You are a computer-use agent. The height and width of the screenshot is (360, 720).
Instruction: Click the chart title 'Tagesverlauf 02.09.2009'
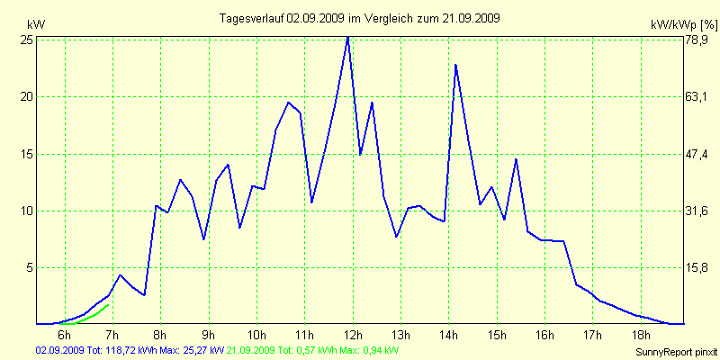point(360,18)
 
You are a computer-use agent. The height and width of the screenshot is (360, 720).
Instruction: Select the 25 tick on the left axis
point(27,40)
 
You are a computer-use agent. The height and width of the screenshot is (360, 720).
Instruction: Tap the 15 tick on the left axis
point(27,154)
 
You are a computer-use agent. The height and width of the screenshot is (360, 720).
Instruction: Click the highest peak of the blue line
point(347,37)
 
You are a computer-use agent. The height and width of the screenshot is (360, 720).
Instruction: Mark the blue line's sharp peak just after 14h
point(456,65)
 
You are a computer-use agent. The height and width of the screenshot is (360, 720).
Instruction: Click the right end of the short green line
point(109,305)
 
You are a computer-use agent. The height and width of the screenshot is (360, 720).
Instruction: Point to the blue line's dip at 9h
point(204,239)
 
